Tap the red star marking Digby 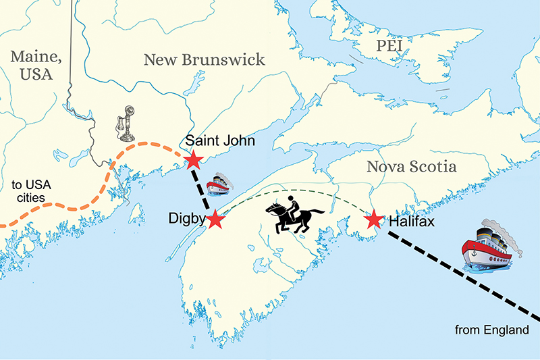pos(215,220)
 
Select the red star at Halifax pos(373,220)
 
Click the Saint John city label pos(214,140)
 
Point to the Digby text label pos(186,220)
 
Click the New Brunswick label pos(205,60)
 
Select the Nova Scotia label pos(410,166)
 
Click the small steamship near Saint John pos(220,184)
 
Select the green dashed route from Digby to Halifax pos(297,185)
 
